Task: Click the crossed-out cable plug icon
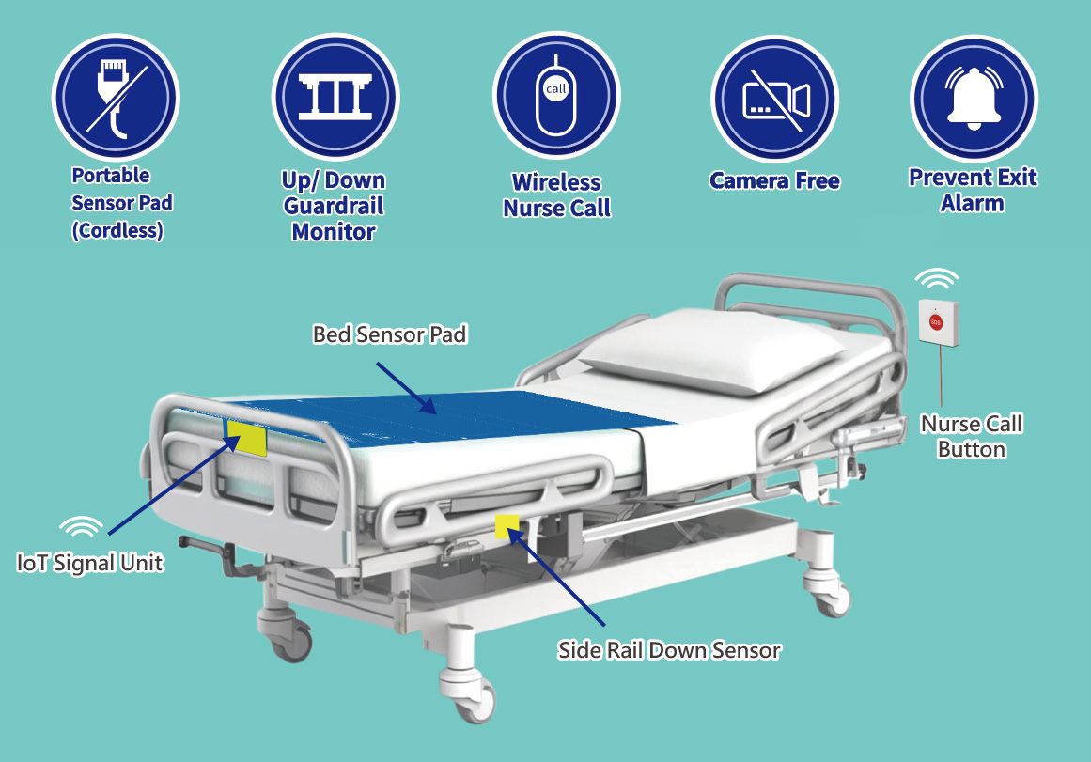coord(116,98)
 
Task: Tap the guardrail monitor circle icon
coord(335,97)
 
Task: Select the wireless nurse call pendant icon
coord(556,95)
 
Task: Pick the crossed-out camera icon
coord(774,99)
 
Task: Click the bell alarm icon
coord(974,98)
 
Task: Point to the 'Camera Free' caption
coord(774,181)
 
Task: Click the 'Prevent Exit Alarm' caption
coord(973,190)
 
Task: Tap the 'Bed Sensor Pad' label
coord(390,334)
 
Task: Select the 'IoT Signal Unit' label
coord(90,562)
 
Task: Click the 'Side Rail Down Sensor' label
coord(669,650)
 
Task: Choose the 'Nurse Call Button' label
coord(972,436)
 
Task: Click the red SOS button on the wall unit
coord(936,322)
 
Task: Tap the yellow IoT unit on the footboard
coord(247,438)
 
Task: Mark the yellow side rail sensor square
coord(507,526)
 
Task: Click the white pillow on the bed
coord(711,350)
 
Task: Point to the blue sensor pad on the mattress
coord(445,416)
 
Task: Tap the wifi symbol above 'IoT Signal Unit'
coord(81,527)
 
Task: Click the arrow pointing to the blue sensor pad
coord(406,388)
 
